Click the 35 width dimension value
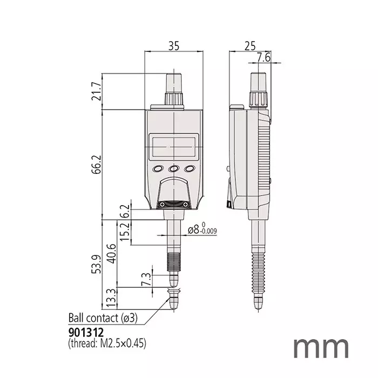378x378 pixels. tap(173, 46)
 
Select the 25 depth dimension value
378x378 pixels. tap(249, 46)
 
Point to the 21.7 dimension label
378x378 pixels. tap(97, 92)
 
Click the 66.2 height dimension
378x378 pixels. tap(97, 165)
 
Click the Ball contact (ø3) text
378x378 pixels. tap(103, 318)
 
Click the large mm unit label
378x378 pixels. tap(321, 347)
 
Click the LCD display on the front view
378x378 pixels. tap(173, 146)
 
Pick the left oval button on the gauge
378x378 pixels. tap(158, 169)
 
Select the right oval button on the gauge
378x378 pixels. tap(189, 169)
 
